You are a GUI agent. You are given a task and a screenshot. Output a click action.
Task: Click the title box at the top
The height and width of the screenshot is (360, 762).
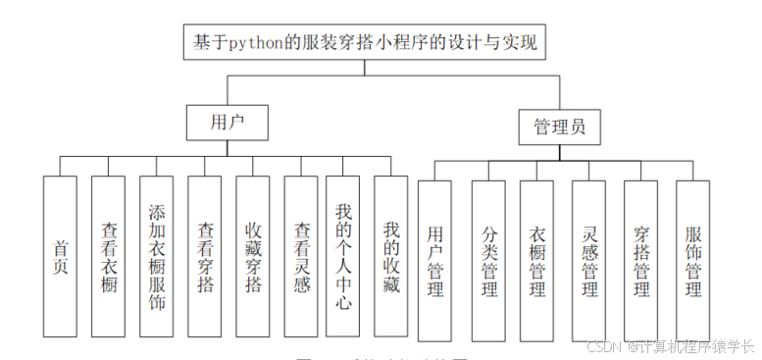(x=364, y=42)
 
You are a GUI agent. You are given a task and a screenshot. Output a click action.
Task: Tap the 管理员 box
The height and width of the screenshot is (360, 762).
(x=559, y=127)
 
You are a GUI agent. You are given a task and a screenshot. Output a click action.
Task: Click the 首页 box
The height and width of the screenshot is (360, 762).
(x=60, y=257)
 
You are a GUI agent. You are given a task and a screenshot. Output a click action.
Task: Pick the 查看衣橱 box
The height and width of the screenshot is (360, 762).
(x=108, y=257)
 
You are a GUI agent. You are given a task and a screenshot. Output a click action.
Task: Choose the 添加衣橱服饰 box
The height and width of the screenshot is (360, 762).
(x=157, y=257)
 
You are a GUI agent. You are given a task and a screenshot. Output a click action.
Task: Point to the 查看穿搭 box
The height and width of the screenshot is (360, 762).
(x=205, y=257)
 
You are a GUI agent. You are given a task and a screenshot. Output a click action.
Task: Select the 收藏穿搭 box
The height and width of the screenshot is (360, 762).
(x=253, y=257)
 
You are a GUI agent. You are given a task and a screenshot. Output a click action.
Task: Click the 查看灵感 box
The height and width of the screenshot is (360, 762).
(x=301, y=257)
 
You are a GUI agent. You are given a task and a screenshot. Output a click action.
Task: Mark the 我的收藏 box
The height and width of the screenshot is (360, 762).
(x=389, y=257)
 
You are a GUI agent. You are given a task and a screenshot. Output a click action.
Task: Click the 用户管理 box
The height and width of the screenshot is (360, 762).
(x=434, y=262)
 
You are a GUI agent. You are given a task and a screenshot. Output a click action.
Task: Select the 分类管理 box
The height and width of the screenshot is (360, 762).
(x=488, y=262)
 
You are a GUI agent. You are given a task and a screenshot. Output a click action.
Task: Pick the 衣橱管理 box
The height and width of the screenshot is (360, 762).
(x=537, y=262)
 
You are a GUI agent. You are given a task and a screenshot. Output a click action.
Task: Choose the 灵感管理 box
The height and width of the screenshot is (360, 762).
(x=589, y=262)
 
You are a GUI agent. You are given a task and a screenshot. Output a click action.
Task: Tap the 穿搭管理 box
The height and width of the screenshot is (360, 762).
(x=640, y=262)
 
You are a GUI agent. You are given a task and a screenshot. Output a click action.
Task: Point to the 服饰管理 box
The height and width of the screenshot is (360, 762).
(x=692, y=262)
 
